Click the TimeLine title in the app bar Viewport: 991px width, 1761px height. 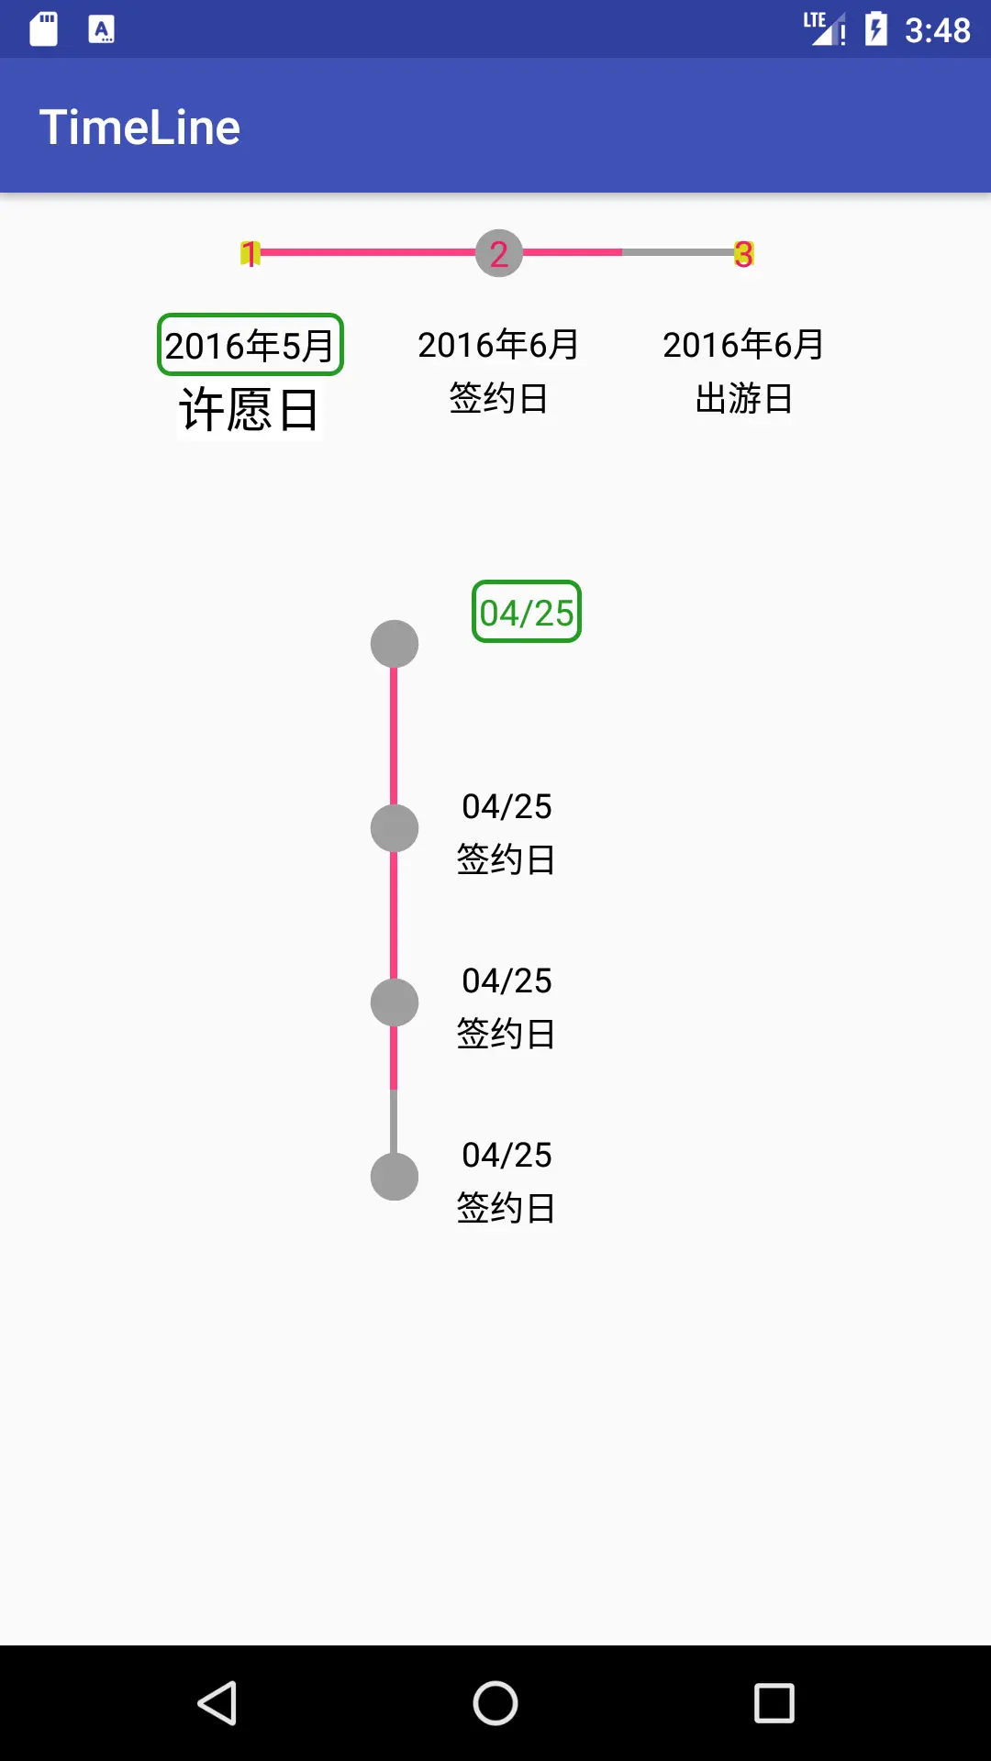coord(139,127)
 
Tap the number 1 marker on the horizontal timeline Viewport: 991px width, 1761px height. coord(250,253)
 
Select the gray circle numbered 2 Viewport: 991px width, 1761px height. coord(498,253)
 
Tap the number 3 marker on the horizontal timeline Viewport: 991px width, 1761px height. coord(743,254)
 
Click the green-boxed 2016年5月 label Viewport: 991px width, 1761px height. coord(250,345)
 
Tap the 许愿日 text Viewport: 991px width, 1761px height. coord(249,409)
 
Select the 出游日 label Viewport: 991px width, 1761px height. coord(743,399)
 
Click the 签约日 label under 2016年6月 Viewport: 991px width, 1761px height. coord(498,399)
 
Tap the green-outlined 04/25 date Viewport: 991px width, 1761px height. coord(527,612)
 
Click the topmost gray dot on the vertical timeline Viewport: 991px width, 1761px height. coord(395,644)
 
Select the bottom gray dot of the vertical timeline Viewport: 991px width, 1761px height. coord(395,1177)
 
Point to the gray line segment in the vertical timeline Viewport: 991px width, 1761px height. coord(395,1121)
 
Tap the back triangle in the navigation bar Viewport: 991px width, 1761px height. coord(218,1703)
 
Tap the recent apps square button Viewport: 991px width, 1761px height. coord(774,1703)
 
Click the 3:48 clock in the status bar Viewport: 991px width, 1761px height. coord(937,30)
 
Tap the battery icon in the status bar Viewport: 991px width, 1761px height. coord(876,29)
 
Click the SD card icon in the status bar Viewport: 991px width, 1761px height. coord(44,29)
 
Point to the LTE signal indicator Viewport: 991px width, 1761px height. coord(823,28)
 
